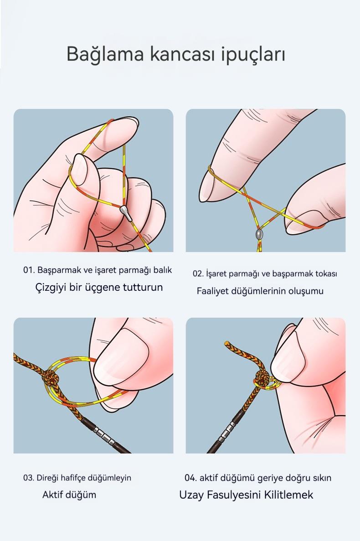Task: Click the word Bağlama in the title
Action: [x=105, y=54]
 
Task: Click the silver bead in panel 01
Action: [x=125, y=213]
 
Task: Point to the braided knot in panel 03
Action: [x=51, y=378]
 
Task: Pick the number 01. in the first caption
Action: [x=29, y=270]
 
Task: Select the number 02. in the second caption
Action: [x=198, y=274]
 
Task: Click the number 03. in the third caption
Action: [x=29, y=478]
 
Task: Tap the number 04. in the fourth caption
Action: [x=190, y=478]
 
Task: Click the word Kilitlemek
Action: [x=288, y=495]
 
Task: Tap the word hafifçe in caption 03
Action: [x=73, y=478]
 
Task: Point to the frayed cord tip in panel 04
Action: [x=227, y=344]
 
